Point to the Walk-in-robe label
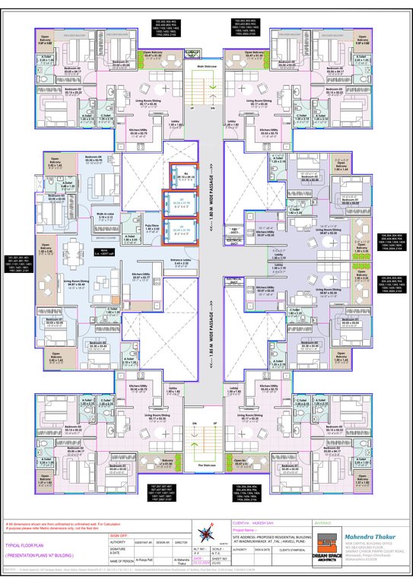(104, 217)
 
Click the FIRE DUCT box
(236, 230)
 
